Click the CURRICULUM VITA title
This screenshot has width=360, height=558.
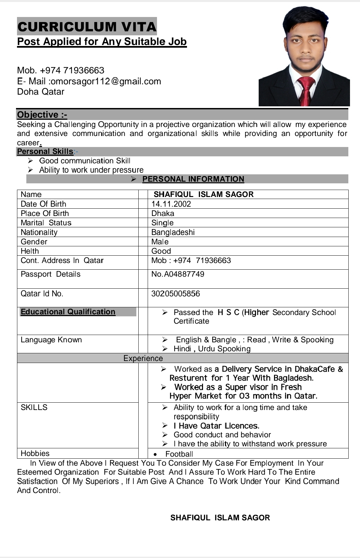click(x=87, y=27)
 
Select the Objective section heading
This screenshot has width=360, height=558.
click(x=42, y=115)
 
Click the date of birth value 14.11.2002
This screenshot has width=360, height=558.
click(x=171, y=204)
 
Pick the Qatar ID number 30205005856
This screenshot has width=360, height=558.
click(x=175, y=294)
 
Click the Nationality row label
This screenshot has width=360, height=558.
click(x=39, y=232)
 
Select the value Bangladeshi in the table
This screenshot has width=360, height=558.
click(x=173, y=232)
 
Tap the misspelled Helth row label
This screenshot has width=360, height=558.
click(x=30, y=251)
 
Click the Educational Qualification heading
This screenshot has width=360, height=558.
click(x=68, y=312)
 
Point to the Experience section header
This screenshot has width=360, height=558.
click(x=143, y=358)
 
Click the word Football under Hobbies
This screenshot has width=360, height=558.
click(x=179, y=454)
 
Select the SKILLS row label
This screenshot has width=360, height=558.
click(x=34, y=407)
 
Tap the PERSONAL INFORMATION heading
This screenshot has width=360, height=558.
click(x=193, y=179)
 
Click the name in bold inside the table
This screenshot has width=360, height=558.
click(x=203, y=194)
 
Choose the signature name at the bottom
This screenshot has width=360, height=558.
click(x=220, y=518)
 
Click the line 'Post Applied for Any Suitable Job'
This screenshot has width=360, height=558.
click(x=102, y=42)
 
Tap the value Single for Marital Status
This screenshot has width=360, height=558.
click(x=162, y=223)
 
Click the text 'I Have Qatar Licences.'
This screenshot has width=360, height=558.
click(x=216, y=426)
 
